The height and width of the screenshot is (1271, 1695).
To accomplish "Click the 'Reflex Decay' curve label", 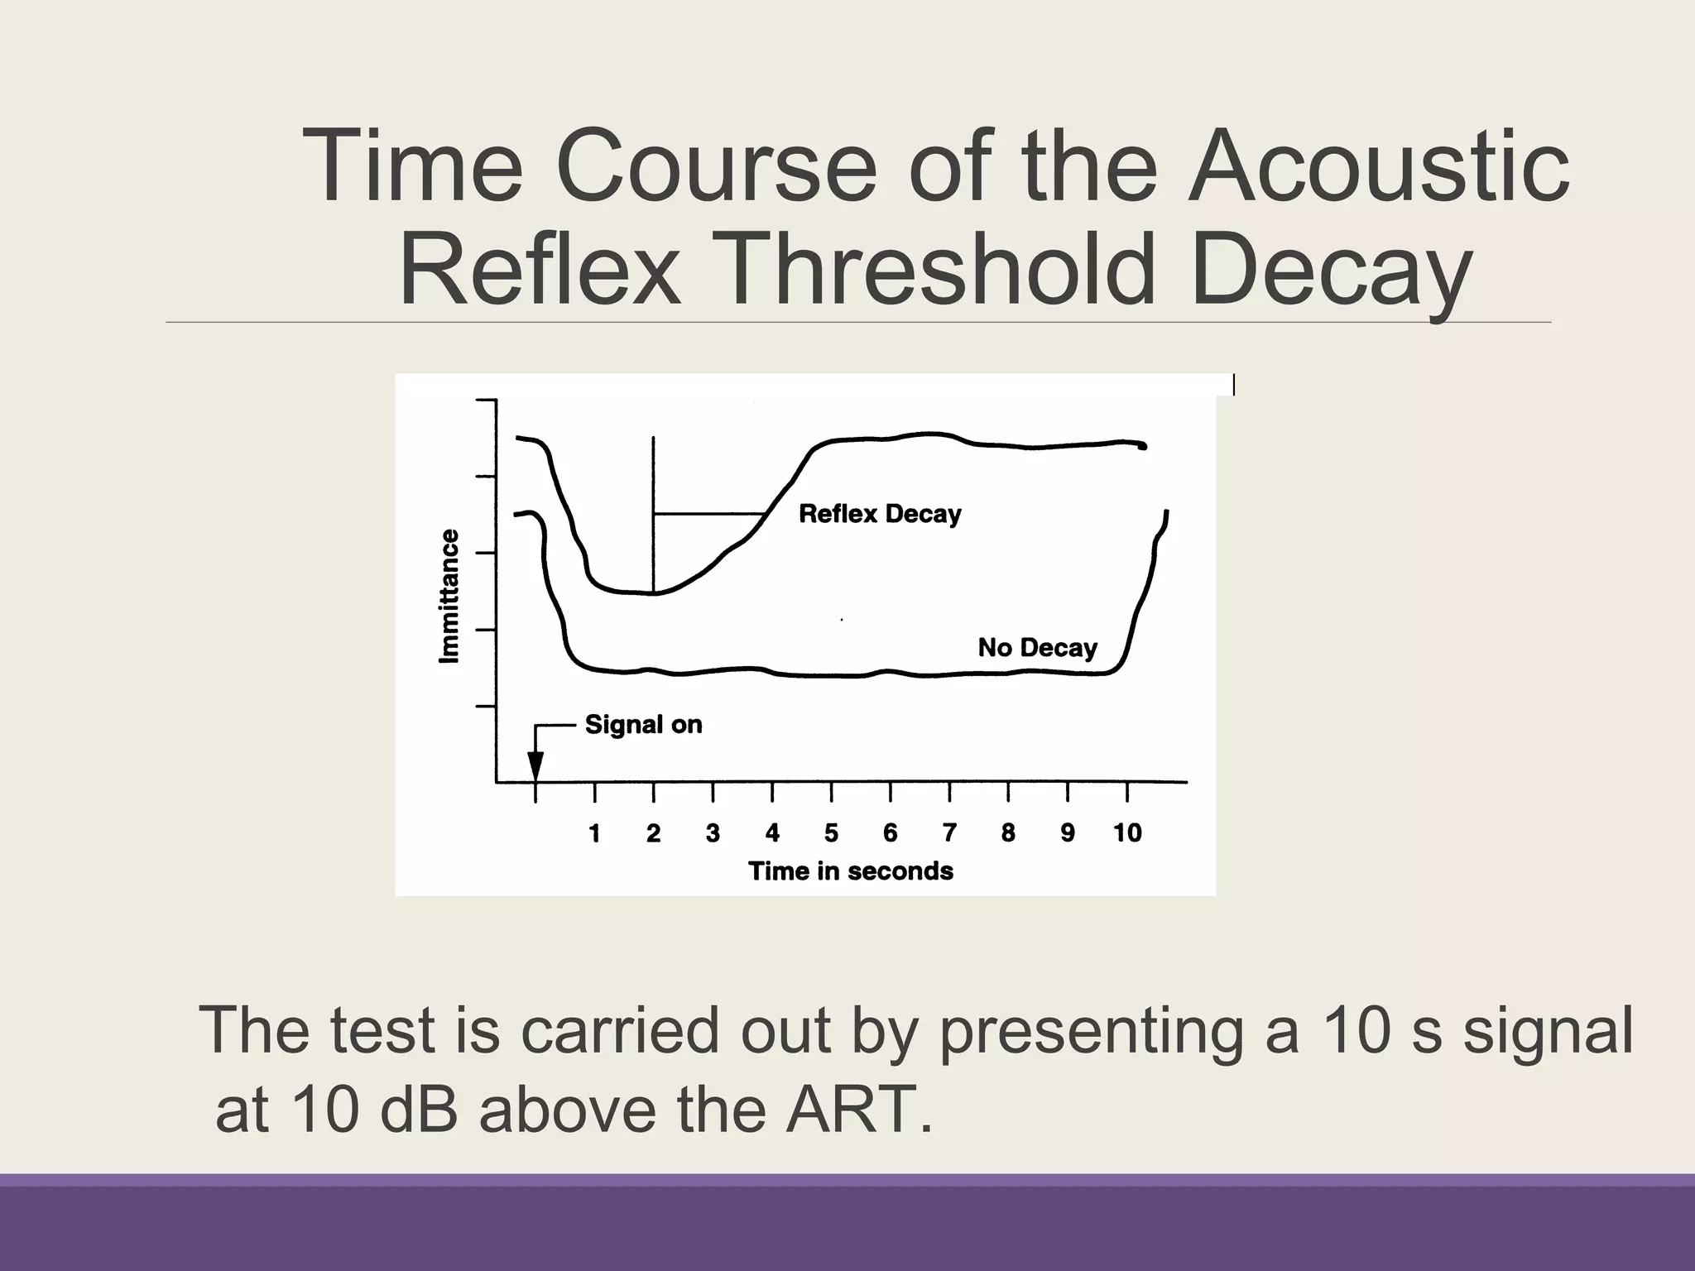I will point(880,514).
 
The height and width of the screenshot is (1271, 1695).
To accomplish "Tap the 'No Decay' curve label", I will point(1037,647).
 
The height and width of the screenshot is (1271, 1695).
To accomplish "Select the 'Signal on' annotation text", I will point(643,725).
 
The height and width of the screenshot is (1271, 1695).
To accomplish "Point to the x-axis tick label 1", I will point(594,833).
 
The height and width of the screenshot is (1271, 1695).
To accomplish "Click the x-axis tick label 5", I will point(831,833).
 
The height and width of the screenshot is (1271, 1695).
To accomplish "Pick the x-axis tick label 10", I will point(1127,833).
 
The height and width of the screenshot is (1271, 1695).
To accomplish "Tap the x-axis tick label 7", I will point(949,833).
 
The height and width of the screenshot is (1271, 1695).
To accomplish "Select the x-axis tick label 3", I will point(713,833).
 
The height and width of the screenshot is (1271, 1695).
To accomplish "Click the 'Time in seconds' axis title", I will point(850,871).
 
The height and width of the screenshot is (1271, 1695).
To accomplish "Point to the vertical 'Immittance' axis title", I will point(448,596).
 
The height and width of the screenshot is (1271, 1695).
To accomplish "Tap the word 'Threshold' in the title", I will point(937,270).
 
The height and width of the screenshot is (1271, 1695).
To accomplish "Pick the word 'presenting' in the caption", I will point(1091,1030).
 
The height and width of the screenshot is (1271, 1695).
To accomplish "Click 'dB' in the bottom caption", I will point(418,1109).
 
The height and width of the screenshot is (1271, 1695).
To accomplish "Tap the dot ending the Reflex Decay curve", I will point(1143,446).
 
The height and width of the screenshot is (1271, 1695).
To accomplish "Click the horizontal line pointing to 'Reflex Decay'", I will point(708,514).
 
